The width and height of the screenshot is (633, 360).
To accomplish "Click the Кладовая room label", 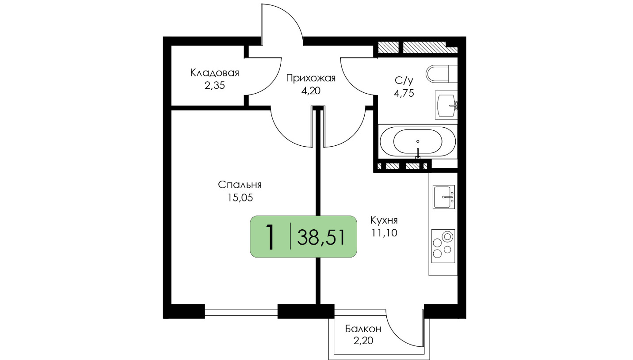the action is (x=215, y=73).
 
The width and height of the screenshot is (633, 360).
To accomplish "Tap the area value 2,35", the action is (x=215, y=85).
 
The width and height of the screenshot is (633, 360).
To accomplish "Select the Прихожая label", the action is (x=311, y=78).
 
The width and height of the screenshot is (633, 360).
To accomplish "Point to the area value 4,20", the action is (x=311, y=91).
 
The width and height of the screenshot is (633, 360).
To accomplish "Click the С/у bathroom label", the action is (x=404, y=80).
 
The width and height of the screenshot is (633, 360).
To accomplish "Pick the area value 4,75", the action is (x=404, y=93).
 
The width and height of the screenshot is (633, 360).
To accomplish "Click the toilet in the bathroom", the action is (x=442, y=74).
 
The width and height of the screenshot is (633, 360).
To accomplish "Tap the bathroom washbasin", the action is (x=446, y=105).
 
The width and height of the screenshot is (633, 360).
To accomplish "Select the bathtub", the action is (x=418, y=141).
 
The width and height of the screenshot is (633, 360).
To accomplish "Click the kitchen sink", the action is (x=444, y=197).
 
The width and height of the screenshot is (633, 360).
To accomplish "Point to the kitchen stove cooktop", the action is (x=443, y=246).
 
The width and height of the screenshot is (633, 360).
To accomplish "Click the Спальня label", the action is (x=240, y=185).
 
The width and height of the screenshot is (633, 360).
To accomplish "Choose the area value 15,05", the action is (x=240, y=197).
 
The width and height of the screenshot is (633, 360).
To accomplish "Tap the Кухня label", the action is (x=384, y=220).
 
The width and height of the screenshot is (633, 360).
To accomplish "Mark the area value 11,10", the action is (x=384, y=233).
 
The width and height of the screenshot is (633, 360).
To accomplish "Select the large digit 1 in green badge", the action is (x=271, y=237).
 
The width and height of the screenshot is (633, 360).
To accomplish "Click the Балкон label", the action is (x=363, y=329).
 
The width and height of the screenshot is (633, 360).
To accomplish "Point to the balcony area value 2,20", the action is (x=363, y=341).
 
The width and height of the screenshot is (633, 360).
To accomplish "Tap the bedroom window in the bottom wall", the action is (x=241, y=313).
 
